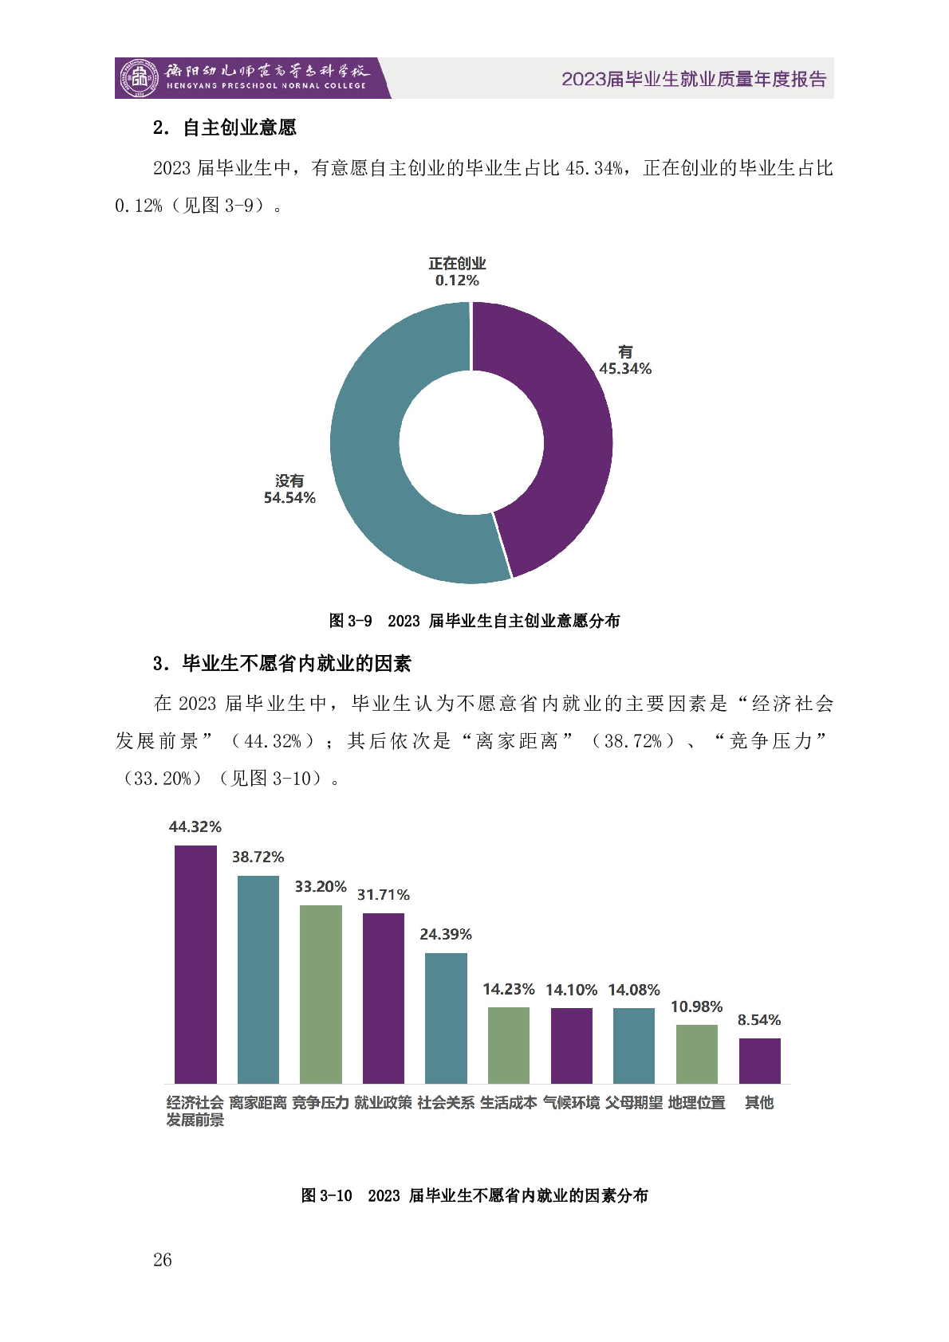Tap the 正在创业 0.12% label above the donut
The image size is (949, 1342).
[x=457, y=272]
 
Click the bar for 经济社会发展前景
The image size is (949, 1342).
[x=195, y=964]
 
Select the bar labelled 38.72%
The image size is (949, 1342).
[x=258, y=979]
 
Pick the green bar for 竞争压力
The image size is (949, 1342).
[x=321, y=994]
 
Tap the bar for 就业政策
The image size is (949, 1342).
[x=384, y=998]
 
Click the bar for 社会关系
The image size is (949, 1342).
[x=446, y=1018]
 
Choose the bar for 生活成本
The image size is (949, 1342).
[x=509, y=1045]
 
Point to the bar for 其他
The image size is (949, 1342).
[x=759, y=1061]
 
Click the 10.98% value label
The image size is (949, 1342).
[x=696, y=1006]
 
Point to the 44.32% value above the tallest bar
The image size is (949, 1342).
[x=195, y=827]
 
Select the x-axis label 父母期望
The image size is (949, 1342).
[x=634, y=1103]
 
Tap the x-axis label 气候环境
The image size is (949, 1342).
[x=571, y=1103]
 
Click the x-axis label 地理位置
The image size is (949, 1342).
[x=696, y=1103]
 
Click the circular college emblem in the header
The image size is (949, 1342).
[x=139, y=78]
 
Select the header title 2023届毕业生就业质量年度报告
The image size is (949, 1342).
[x=694, y=79]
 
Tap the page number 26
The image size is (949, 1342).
[x=162, y=1260]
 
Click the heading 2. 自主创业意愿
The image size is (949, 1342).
[x=225, y=128]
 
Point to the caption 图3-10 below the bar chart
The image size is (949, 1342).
[x=475, y=1195]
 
